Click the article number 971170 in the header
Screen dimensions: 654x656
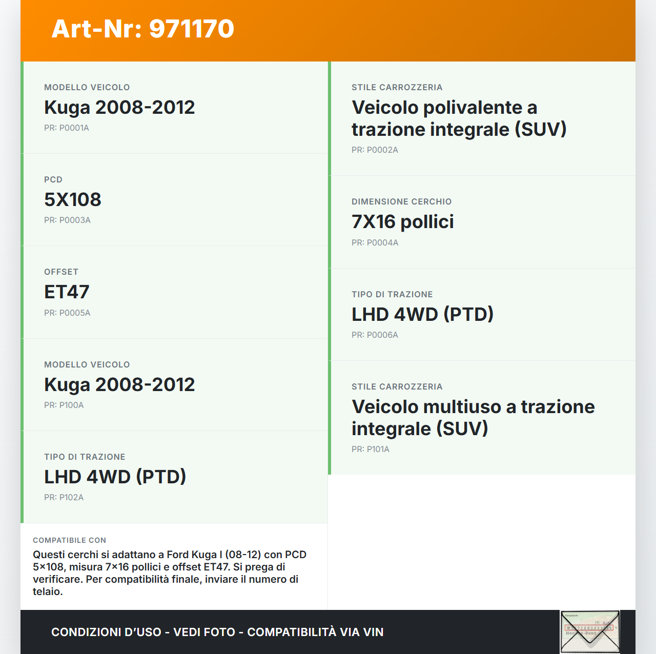[192, 29]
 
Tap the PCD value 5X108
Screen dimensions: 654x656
[73, 199]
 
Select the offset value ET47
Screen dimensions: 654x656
[67, 292]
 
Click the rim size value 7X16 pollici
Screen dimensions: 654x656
[402, 221]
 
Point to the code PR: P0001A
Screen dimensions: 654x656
[67, 128]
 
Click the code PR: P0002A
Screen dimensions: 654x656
[375, 150]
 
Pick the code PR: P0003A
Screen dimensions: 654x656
[67, 220]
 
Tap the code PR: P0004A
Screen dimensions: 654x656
[375, 242]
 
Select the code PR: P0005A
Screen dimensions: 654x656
[67, 313]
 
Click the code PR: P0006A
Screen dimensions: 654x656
[375, 335]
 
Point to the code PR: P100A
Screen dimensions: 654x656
[64, 405]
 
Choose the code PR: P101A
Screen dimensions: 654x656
[370, 449]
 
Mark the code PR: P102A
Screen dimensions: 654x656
[64, 497]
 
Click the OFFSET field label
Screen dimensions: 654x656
[61, 272]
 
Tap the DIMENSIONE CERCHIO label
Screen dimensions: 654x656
[401, 201]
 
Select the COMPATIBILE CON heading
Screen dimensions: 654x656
[69, 540]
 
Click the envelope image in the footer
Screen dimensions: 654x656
[590, 631]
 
